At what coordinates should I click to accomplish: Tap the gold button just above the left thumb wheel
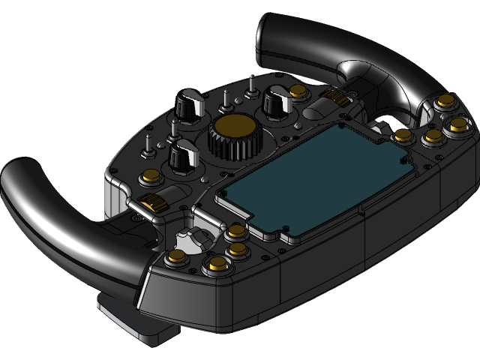150,178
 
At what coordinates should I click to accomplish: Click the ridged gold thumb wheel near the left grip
153,202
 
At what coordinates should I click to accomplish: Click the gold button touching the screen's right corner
403,136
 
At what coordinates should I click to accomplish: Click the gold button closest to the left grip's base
177,258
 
